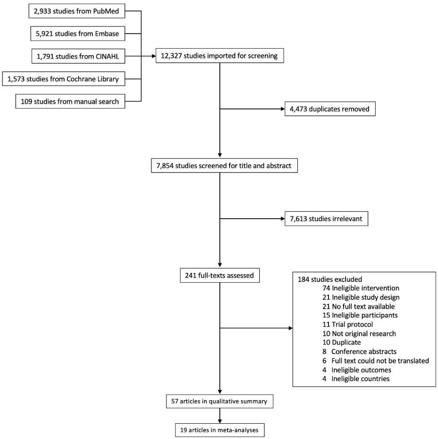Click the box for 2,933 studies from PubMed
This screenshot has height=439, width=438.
[77, 11]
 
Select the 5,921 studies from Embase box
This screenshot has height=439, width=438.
[78, 34]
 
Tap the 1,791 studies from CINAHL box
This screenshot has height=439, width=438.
[78, 56]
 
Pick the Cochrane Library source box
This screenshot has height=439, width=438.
[64, 79]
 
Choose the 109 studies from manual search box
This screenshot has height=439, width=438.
[70, 101]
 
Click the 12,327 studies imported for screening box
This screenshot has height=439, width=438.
[219, 56]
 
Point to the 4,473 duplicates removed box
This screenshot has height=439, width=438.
[330, 109]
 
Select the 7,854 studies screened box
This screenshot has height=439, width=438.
[224, 166]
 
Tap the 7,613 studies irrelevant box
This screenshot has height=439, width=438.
[326, 219]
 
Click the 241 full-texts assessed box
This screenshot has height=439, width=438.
[219, 275]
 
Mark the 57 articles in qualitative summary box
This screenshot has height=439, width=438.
[219, 401]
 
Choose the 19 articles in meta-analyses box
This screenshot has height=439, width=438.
[219, 430]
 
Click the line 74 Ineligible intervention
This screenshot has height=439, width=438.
[361, 288]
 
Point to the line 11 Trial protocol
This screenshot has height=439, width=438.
[348, 325]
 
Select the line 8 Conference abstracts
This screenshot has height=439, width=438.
[359, 351]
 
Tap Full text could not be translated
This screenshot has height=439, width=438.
[380, 360]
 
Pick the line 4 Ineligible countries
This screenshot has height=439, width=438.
[356, 379]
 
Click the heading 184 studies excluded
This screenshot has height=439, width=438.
[330, 279]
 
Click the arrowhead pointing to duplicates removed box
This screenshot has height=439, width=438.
[283, 109]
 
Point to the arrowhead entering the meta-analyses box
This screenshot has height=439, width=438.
[219, 421]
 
